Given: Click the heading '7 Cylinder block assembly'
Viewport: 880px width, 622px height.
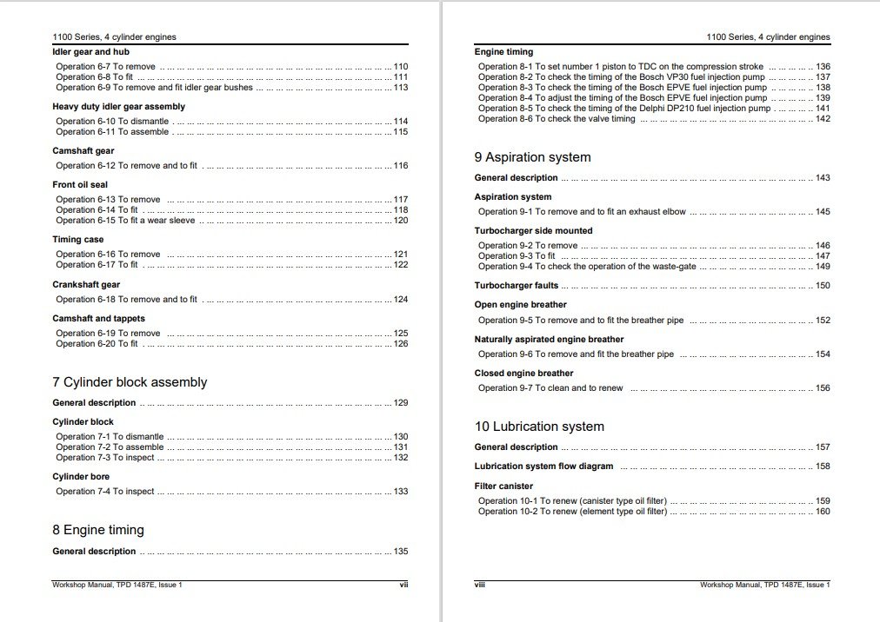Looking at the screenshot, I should point(130,382).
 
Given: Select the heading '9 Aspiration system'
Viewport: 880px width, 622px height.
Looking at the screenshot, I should point(532,157).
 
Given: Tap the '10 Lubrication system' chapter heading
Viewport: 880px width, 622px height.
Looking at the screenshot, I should point(539,427).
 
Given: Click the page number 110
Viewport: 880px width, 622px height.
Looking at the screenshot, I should point(401,67).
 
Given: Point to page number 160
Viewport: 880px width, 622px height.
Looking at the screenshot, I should point(823,512).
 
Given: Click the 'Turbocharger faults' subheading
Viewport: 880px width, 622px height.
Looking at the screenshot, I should point(517,286).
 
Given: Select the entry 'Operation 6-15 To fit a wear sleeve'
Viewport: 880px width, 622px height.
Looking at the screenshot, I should point(125,221).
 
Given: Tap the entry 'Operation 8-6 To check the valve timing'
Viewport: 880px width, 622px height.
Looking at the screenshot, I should point(557,119).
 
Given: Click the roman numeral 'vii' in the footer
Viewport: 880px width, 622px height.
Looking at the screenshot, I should point(403,586).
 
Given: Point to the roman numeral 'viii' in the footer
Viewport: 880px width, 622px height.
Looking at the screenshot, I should point(480,586).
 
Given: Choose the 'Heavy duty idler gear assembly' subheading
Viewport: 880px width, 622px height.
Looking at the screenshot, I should point(118,107).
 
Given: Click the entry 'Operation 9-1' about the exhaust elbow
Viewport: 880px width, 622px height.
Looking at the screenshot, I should point(582,212).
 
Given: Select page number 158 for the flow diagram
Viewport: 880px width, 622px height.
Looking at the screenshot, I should point(823,467).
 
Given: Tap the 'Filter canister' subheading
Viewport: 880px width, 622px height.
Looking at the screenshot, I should point(503,486).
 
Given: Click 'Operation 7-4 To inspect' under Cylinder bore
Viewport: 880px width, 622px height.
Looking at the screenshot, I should point(104,492).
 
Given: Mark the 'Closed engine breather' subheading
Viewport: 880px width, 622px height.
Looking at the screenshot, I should point(523,374).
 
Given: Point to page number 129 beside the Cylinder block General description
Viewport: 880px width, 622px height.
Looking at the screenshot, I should point(401,403).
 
